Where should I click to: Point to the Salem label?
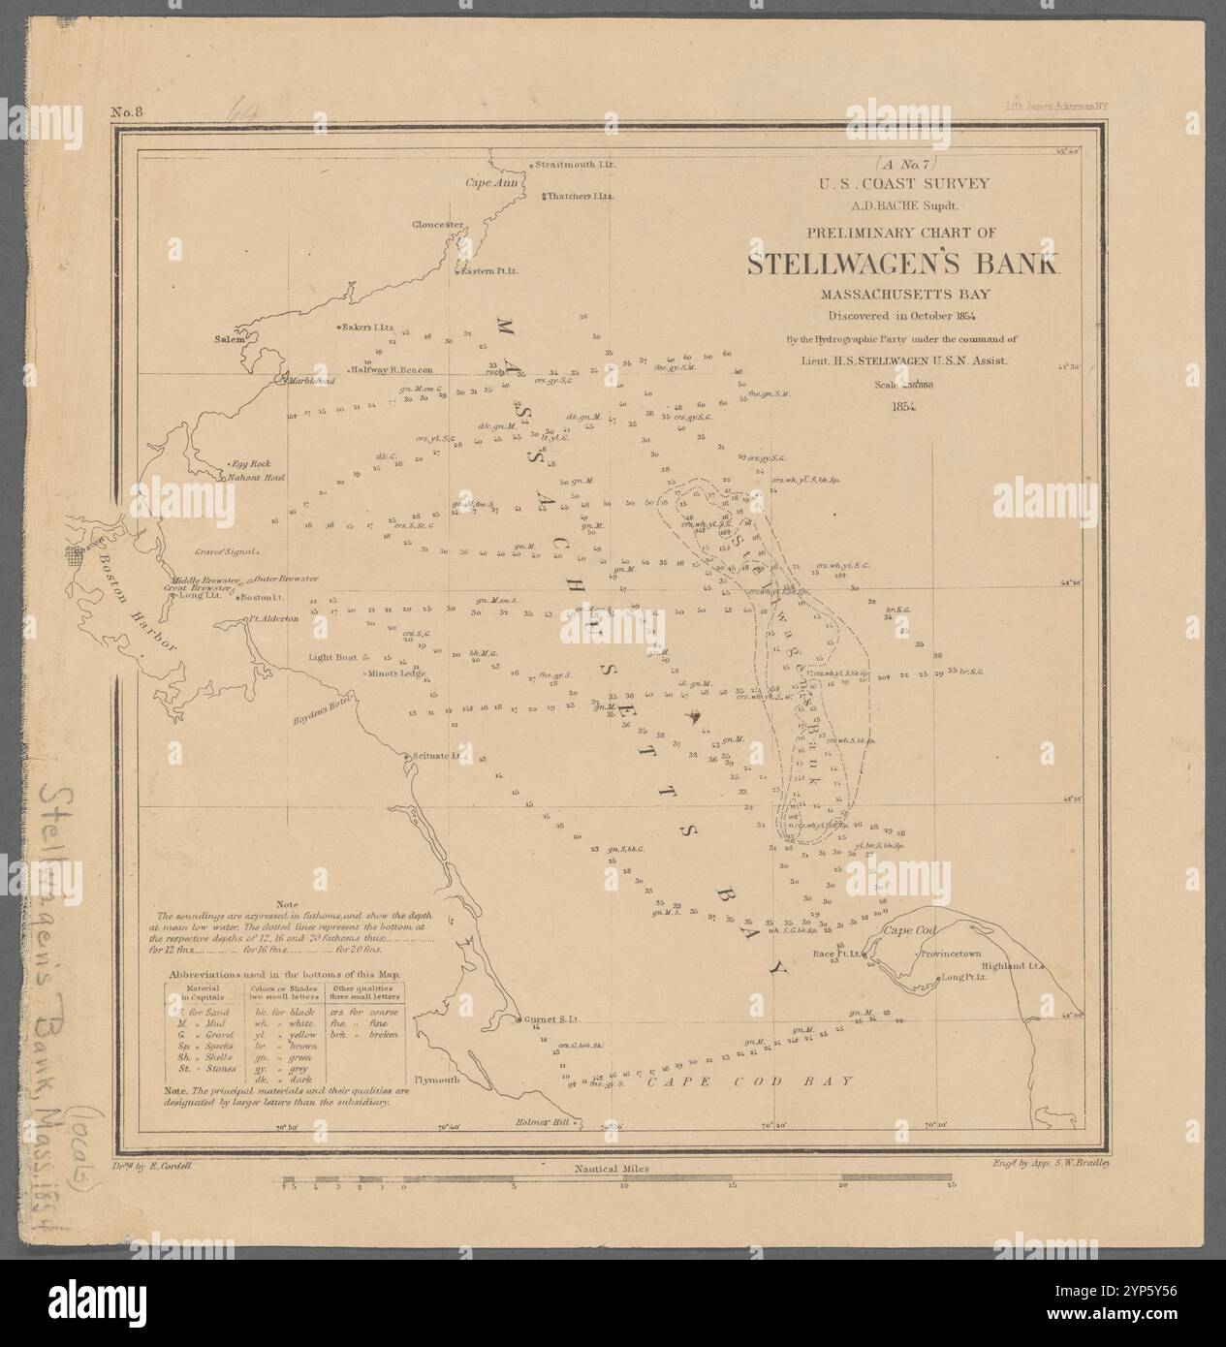(x=228, y=340)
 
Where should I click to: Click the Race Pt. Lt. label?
(x=836, y=954)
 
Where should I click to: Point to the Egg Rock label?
(x=247, y=464)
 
